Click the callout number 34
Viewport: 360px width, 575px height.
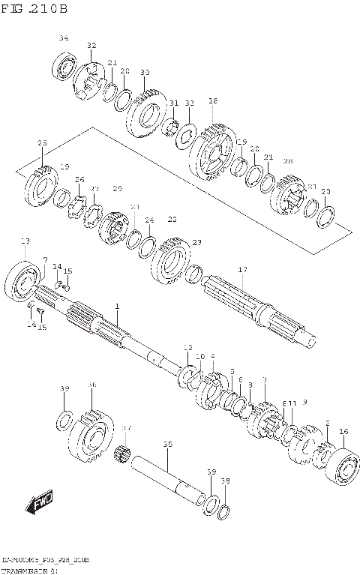pos(63,38)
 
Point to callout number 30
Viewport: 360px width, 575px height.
pos(145,72)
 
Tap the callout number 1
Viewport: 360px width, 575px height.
pos(117,307)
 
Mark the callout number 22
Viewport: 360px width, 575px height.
pos(172,220)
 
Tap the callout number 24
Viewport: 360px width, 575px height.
pos(149,220)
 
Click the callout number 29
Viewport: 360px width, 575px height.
pos(117,189)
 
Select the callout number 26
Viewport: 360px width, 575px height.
pos(79,180)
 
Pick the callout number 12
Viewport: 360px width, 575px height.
pos(187,348)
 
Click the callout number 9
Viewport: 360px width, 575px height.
pos(305,403)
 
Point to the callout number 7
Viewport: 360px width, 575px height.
pos(45,260)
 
